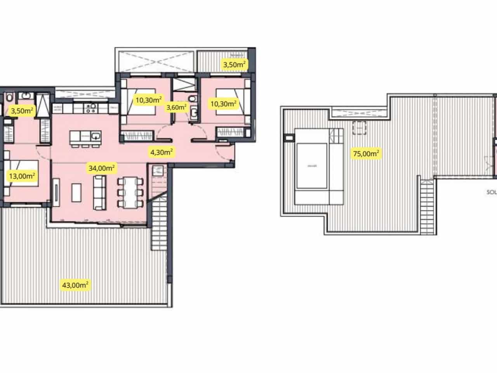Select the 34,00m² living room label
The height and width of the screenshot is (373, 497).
coord(102,168)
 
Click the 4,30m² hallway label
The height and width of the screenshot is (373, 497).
coord(162,152)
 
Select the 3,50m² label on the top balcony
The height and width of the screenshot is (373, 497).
coord(235,64)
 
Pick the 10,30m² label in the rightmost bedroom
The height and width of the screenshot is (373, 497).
coord(223,103)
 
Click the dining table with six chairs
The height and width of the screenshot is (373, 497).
coord(130,192)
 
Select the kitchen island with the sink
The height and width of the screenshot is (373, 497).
coord(85,136)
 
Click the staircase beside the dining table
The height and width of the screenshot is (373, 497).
coord(159,221)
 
